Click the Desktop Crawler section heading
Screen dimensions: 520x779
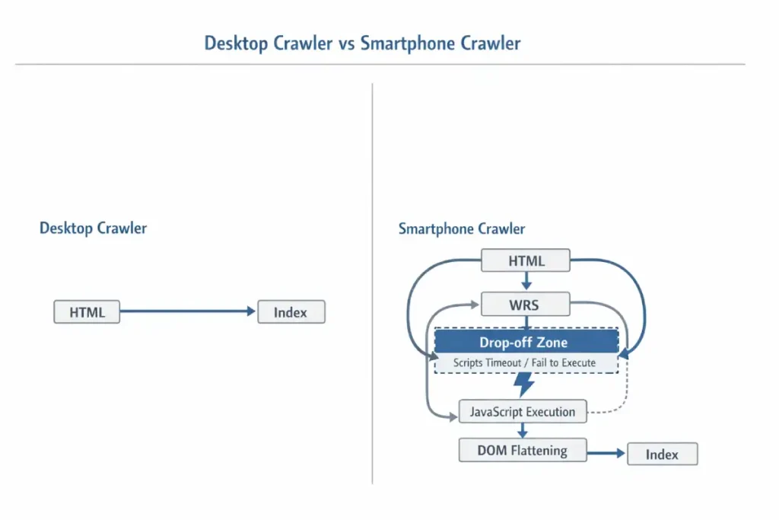(93, 228)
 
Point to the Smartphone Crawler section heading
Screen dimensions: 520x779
(461, 229)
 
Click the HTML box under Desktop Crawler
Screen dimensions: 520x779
(87, 312)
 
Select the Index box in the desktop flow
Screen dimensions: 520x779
(291, 312)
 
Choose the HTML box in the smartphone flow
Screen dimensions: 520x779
(526, 261)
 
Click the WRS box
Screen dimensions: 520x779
(526, 305)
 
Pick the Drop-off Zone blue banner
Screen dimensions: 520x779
(526, 343)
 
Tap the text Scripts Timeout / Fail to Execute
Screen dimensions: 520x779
(524, 363)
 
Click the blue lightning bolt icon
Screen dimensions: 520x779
(523, 384)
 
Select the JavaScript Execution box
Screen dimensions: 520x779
(523, 412)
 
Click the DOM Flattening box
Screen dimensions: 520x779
(523, 450)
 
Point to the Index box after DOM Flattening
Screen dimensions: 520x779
(662, 455)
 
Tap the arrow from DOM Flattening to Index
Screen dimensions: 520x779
(606, 454)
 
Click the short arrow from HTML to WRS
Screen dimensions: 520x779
(526, 282)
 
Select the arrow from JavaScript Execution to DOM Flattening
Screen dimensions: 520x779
(523, 430)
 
